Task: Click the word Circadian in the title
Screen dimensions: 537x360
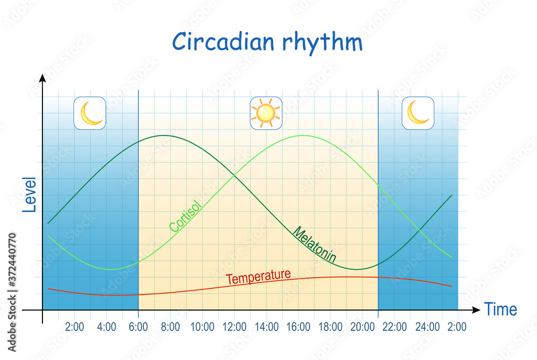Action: click(223, 41)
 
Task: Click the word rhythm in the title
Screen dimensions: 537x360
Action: click(322, 43)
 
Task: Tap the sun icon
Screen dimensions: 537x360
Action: click(266, 113)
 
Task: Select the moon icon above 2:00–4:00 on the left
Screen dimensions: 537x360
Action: click(90, 113)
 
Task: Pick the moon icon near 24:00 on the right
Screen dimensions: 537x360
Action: click(418, 113)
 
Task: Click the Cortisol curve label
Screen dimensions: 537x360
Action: click(185, 216)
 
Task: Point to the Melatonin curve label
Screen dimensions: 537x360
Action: click(314, 244)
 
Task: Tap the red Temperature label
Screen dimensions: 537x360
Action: click(259, 276)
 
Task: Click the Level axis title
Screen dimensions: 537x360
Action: click(30, 195)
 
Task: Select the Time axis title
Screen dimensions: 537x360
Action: click(500, 309)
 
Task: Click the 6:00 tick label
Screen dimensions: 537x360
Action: click(139, 327)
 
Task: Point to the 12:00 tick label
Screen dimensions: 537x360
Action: click(234, 327)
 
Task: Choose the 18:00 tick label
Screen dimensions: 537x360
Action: click(330, 327)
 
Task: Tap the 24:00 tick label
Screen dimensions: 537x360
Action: click(427, 327)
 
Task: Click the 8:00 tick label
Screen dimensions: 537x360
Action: click(170, 327)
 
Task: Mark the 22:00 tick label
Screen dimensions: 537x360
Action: click(395, 327)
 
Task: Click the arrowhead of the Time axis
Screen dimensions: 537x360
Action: click(477, 310)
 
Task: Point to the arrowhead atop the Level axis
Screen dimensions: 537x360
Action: click(42, 78)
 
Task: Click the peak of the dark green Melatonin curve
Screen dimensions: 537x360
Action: click(164, 135)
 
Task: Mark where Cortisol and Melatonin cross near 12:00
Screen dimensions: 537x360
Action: click(234, 176)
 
